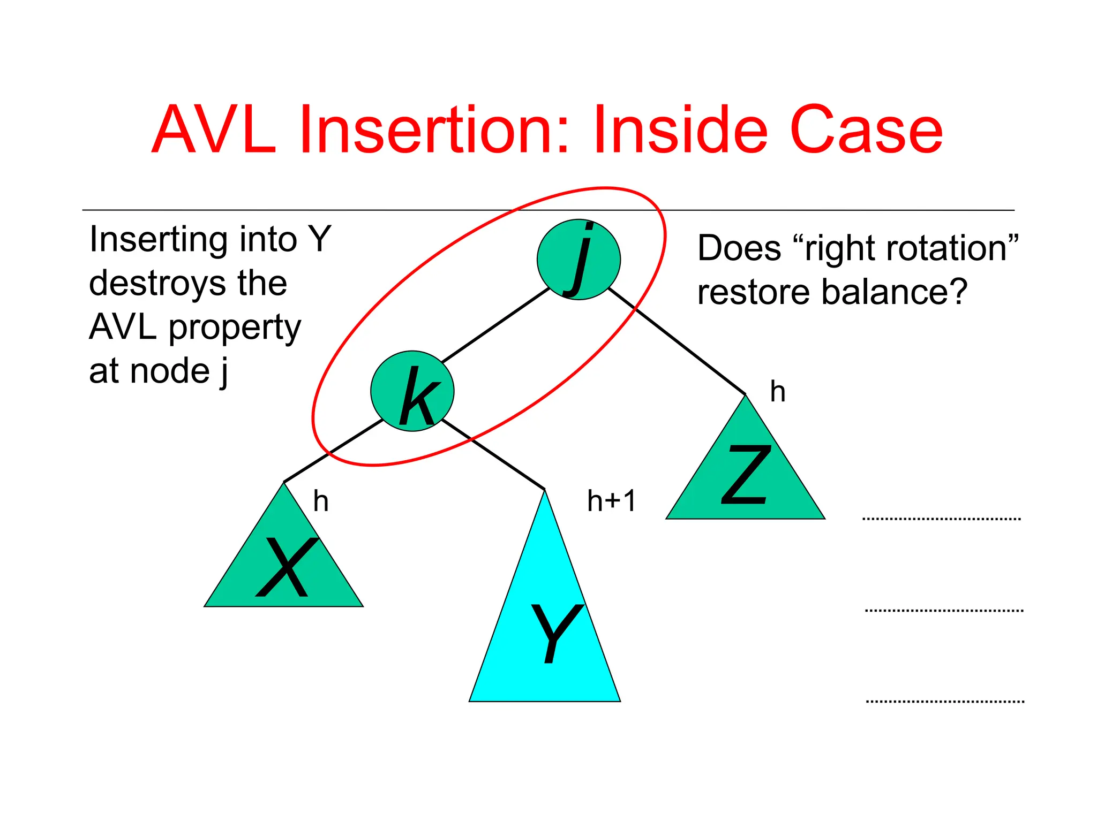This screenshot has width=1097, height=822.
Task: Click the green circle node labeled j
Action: point(578,260)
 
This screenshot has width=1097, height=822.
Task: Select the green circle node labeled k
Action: point(412,391)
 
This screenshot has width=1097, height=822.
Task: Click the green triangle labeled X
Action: point(284,567)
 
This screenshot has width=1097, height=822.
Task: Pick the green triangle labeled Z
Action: point(745,476)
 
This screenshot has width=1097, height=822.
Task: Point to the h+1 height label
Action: point(611,501)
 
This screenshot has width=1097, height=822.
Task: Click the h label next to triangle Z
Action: point(777,392)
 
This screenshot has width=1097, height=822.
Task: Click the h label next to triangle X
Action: point(320,501)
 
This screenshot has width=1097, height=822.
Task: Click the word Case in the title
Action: point(866,130)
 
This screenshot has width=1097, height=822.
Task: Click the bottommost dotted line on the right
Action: point(945,701)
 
